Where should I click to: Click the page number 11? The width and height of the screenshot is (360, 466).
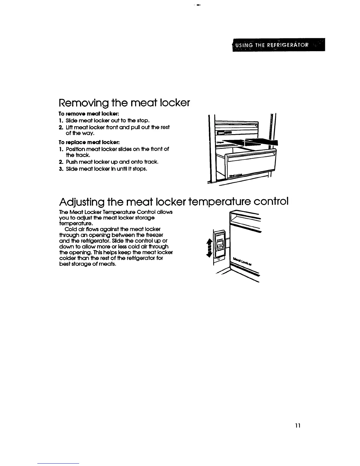tap(298, 426)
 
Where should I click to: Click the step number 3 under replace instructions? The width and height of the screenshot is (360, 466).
tap(60, 169)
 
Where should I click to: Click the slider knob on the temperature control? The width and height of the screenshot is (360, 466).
tap(219, 244)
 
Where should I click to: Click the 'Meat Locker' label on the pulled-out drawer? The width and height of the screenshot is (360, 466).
tap(236, 174)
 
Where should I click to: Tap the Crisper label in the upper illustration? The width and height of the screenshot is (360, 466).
tap(219, 142)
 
